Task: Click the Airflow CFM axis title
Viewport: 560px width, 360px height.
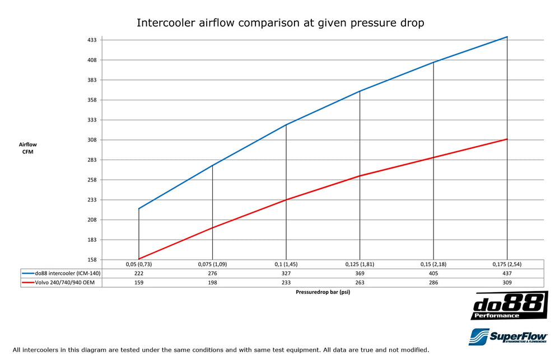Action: pyautogui.click(x=28, y=148)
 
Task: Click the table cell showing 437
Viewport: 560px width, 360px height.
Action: pyautogui.click(x=507, y=273)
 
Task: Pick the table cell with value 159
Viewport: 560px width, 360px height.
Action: pyautogui.click(x=139, y=283)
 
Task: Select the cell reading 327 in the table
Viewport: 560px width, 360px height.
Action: pyautogui.click(x=286, y=273)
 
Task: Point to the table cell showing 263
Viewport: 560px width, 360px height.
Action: pyautogui.click(x=360, y=283)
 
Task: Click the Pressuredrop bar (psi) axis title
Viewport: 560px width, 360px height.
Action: pyautogui.click(x=323, y=293)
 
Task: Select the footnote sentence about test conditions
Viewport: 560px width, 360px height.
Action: pyautogui.click(x=221, y=350)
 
